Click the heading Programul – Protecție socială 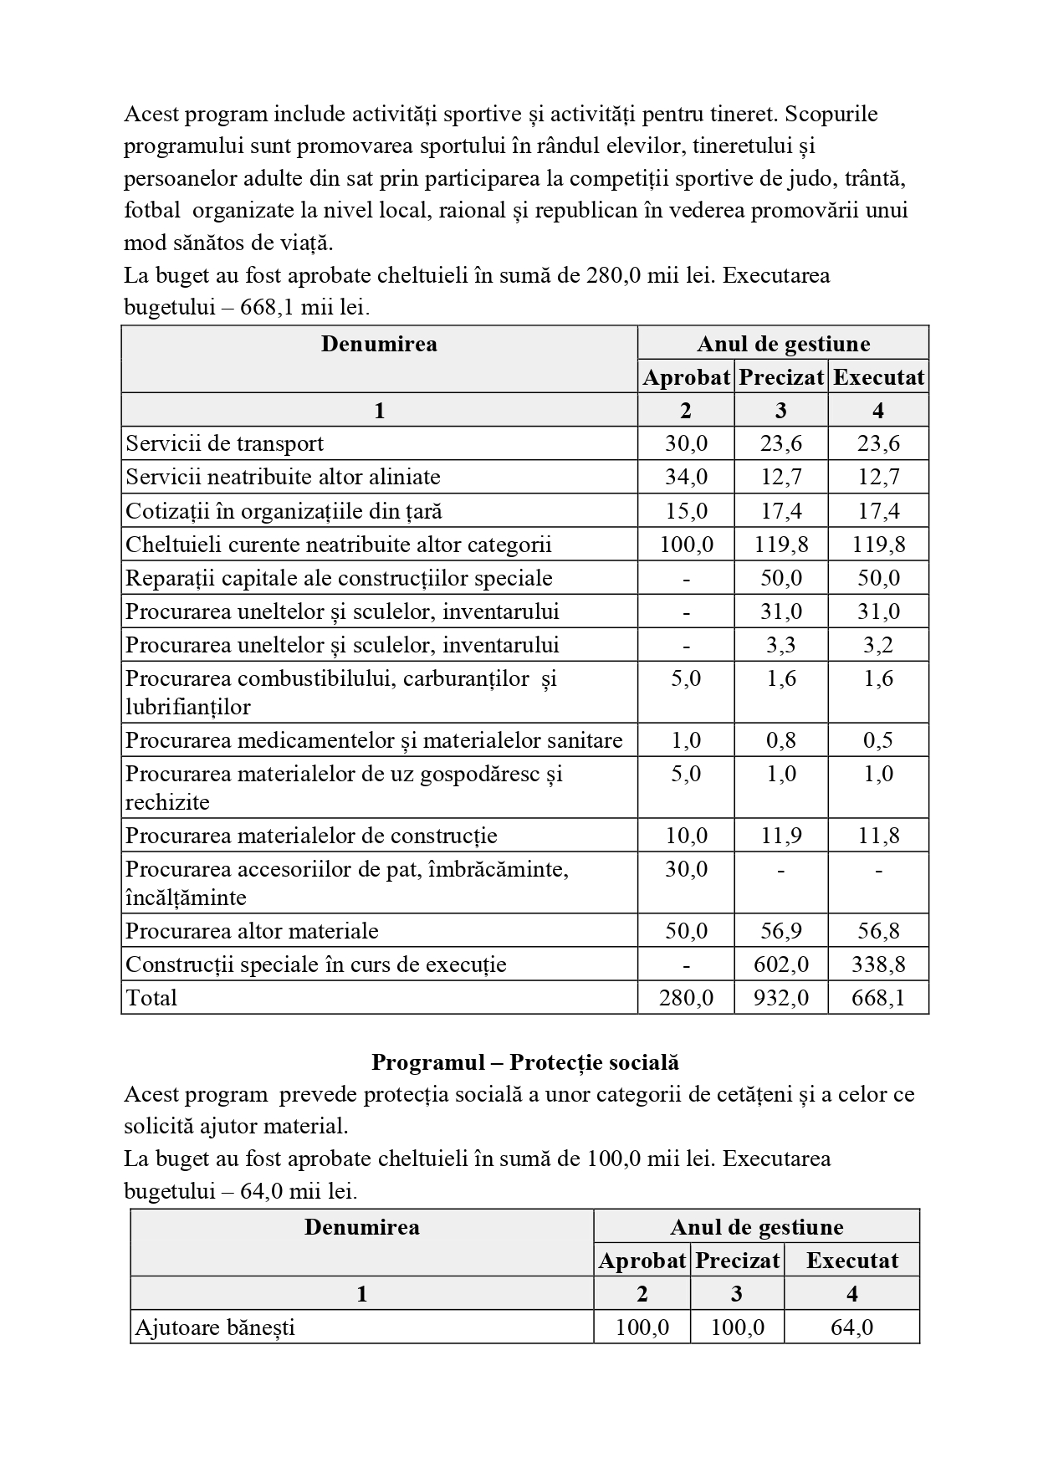click(524, 1062)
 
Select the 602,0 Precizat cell click(780, 964)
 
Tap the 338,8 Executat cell click(877, 964)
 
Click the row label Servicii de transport click(224, 443)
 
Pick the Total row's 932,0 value click(780, 998)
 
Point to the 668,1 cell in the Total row click(877, 998)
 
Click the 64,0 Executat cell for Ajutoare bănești click(851, 1327)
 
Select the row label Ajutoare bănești click(215, 1327)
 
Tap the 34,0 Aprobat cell click(686, 477)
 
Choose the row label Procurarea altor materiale click(252, 931)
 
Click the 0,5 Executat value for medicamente click(877, 740)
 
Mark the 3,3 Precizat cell click(780, 645)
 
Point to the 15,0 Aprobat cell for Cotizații click(686, 510)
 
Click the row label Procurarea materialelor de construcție click(311, 836)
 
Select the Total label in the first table click(151, 998)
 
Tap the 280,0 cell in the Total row click(686, 998)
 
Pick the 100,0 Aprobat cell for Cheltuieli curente click(686, 545)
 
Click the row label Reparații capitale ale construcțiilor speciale click(339, 578)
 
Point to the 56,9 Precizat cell click(780, 931)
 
